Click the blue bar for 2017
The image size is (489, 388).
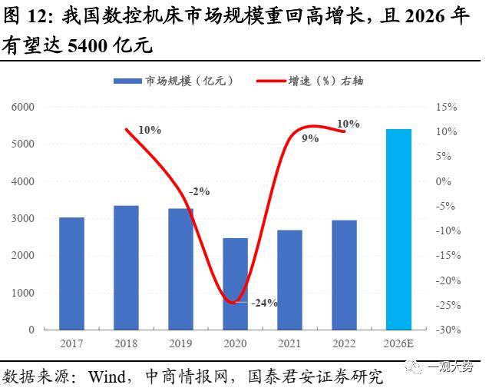point(71,274)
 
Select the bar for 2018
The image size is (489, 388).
point(126,267)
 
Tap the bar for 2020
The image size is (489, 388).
point(235,284)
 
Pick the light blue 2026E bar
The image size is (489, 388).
point(398,229)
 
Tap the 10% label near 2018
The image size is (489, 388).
point(150,130)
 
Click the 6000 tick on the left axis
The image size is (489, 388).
point(24,107)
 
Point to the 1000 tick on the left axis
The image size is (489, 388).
point(24,293)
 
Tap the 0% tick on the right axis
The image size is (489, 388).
point(445,181)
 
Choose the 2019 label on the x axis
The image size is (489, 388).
point(180,343)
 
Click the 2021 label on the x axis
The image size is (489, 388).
point(289,343)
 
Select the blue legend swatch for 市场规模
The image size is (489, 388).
point(129,81)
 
